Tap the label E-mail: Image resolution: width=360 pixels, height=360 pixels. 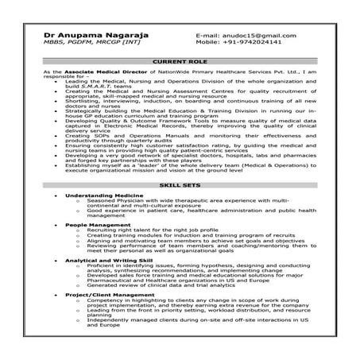coord(208,37)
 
